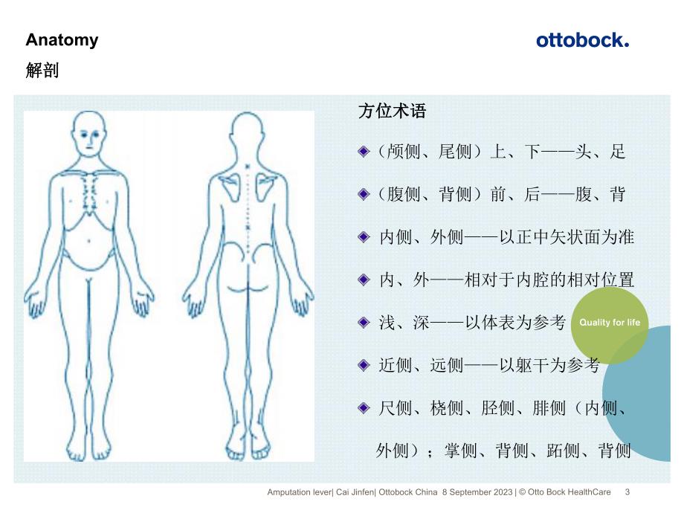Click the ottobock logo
582,40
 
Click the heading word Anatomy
62,40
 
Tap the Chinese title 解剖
42,71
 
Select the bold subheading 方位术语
392,112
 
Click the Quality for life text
609,323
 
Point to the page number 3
627,491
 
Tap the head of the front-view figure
90,135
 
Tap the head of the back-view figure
248,134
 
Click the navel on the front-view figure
91,240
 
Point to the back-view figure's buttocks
248,283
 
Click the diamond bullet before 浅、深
363,323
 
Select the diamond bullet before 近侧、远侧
363,365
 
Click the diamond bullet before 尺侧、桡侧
363,407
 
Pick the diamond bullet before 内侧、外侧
363,237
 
